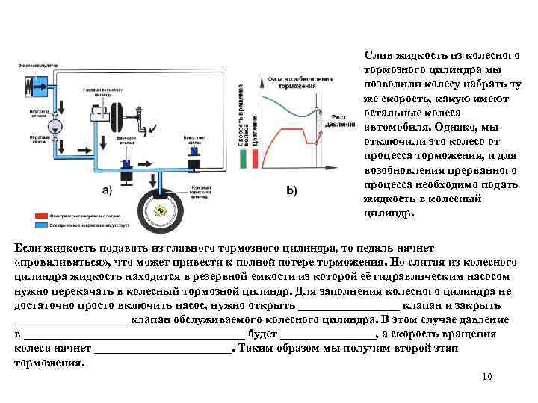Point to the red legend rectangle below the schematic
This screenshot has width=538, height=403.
[39, 213]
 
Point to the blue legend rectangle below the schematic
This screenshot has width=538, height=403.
[39, 223]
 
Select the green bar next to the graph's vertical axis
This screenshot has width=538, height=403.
[242, 159]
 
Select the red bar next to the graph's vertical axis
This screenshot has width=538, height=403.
[255, 159]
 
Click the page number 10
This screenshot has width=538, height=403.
[487, 377]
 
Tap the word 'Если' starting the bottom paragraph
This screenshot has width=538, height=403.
[27, 247]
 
